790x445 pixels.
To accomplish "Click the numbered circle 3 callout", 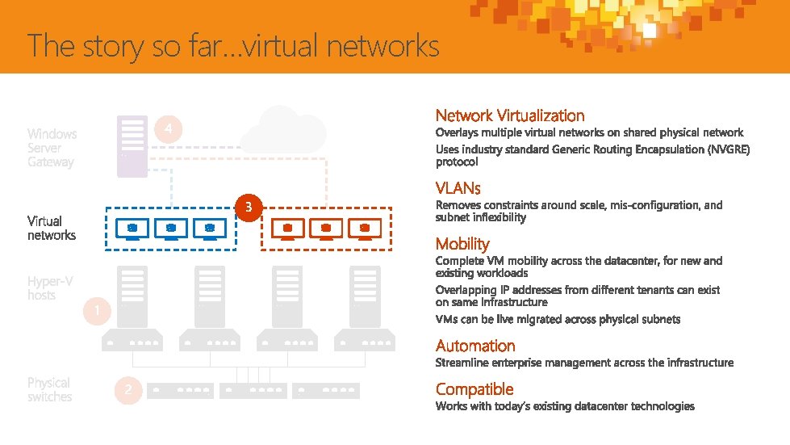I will coord(249,208).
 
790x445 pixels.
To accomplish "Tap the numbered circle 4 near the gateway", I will coord(167,129).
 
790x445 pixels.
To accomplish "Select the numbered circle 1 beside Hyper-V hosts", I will coord(98,311).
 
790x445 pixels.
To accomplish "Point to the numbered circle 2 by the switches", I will coord(127,392).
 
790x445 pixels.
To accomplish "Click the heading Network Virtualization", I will coord(510,115).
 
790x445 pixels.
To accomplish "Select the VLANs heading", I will coord(458,188).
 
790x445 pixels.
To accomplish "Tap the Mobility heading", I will coord(462,243).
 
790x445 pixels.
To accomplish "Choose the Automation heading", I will coord(475,346).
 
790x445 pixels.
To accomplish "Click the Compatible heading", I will coord(474,389).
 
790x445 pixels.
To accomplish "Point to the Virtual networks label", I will coord(52,228).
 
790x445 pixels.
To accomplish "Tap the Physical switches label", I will coord(49,389).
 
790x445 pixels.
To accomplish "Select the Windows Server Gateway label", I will coord(52,148).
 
